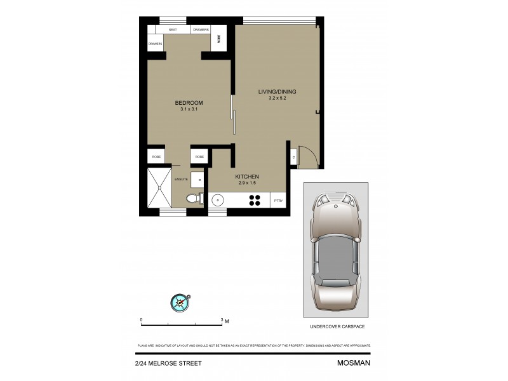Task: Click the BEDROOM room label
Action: click(189, 103)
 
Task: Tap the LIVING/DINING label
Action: click(277, 91)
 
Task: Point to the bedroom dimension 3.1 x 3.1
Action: click(189, 109)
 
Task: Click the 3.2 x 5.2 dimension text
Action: click(277, 98)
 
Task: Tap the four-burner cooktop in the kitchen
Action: click(255, 200)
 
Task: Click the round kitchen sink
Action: click(218, 200)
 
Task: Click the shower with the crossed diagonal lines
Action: click(159, 189)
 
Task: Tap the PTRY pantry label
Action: click(279, 201)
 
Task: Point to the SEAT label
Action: click(173, 30)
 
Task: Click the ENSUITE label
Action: click(181, 180)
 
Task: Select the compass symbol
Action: click(180, 302)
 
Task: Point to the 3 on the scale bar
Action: click(220, 319)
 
